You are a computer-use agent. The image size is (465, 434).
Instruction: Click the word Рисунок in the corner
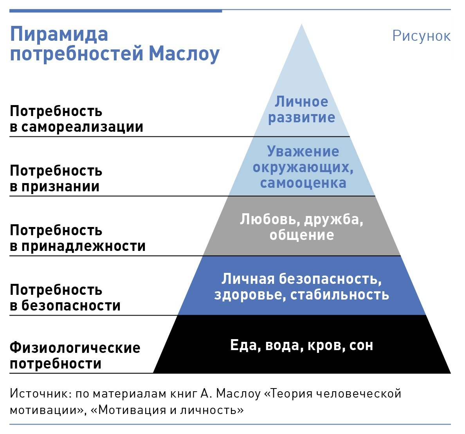coord(422,36)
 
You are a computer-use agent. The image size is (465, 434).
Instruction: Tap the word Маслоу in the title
coord(184,54)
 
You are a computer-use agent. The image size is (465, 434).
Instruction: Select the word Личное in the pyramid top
coord(301,102)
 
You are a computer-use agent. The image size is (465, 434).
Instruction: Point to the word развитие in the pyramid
coord(302,118)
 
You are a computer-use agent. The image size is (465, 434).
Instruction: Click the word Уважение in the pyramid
coord(303,151)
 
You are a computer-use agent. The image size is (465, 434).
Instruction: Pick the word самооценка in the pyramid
coord(303,183)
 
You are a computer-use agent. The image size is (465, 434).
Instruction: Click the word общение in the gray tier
coord(302,235)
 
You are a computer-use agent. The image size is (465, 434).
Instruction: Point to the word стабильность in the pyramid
coord(340,294)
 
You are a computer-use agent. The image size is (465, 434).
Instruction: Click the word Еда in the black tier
coord(245,345)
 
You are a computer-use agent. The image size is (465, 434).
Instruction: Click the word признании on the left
coord(60,187)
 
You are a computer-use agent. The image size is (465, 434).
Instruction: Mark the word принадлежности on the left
coord(83,246)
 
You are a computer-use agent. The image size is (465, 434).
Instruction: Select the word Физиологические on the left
coord(75,348)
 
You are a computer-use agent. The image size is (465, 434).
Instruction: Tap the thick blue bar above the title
coord(115,11)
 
